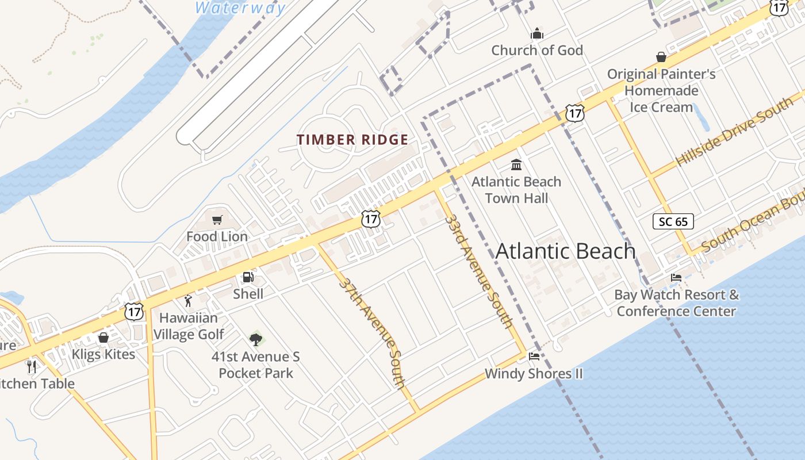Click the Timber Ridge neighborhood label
(352, 140)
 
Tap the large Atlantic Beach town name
(565, 251)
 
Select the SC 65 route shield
(673, 221)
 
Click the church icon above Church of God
(537, 33)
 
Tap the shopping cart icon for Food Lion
(217, 220)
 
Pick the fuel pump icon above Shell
(248, 277)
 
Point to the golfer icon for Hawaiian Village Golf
(188, 301)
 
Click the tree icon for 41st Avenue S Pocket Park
(256, 339)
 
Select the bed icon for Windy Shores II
(534, 356)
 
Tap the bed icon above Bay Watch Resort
(676, 278)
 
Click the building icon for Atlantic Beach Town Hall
(516, 165)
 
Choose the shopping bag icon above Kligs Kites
(103, 338)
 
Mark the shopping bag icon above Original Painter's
(661, 57)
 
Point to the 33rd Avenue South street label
(479, 271)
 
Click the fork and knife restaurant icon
(32, 366)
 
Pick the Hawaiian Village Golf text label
(189, 326)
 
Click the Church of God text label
(537, 50)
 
